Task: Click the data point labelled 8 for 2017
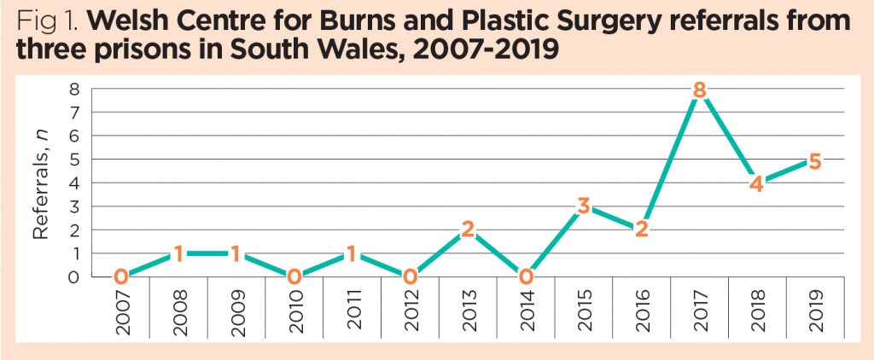click(699, 90)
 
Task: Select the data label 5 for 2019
click(814, 160)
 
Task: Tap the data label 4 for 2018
click(756, 183)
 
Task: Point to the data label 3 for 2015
click(584, 206)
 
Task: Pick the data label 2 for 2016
click(641, 229)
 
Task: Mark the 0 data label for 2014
click(526, 276)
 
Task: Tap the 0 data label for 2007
click(122, 276)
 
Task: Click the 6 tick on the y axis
click(74, 136)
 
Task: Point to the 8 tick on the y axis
click(74, 89)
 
